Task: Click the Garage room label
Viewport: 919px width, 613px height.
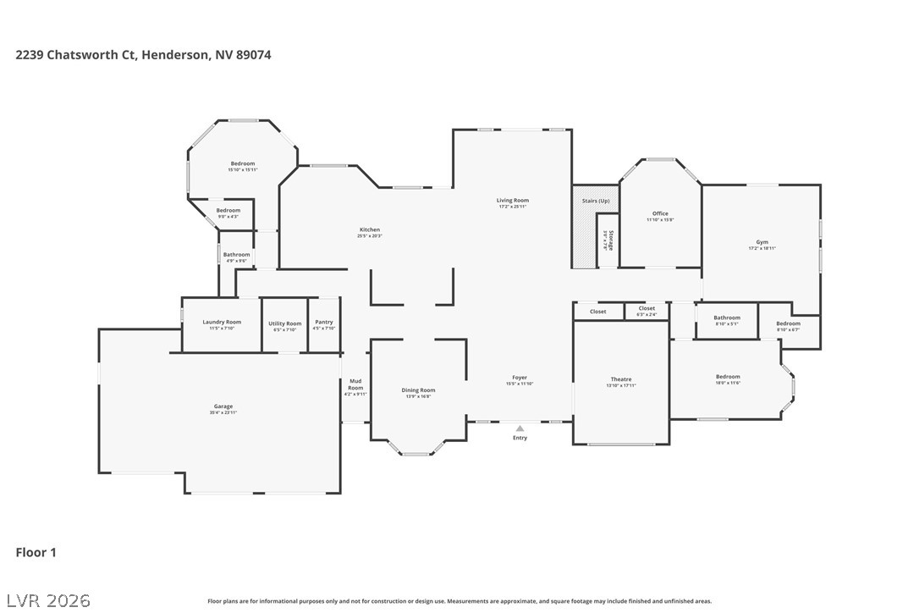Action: [x=223, y=406]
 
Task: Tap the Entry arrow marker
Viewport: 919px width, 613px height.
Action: [x=520, y=429]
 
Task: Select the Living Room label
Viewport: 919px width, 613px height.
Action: [x=513, y=201]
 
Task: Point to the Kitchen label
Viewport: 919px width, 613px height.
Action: [x=370, y=229]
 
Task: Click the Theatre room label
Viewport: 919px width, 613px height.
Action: [x=621, y=379]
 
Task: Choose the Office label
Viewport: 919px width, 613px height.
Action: [x=660, y=213]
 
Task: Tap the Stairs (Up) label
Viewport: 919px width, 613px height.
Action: [x=596, y=201]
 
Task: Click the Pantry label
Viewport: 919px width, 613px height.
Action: [x=324, y=322]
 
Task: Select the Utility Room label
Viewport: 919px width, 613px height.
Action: [x=284, y=323]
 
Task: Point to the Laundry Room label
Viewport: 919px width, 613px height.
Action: [x=222, y=322]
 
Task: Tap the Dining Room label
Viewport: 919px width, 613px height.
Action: [x=418, y=390]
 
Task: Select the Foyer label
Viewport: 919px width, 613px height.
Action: [x=519, y=378]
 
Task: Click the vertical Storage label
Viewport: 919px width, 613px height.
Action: [x=611, y=240]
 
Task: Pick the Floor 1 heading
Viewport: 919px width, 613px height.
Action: [x=36, y=553]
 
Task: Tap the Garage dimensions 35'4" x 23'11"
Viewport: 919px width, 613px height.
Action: [x=223, y=412]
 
